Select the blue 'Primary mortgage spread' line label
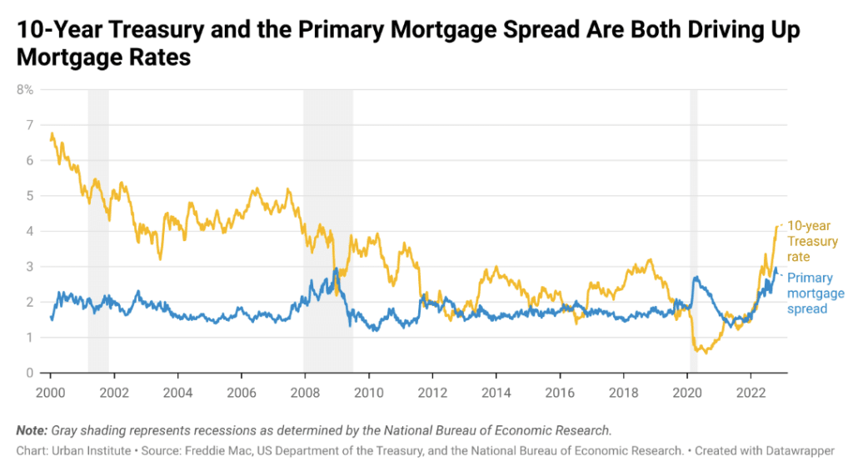click(x=816, y=294)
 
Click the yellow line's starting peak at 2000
click(x=52, y=133)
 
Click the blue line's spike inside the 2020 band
click(x=695, y=278)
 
